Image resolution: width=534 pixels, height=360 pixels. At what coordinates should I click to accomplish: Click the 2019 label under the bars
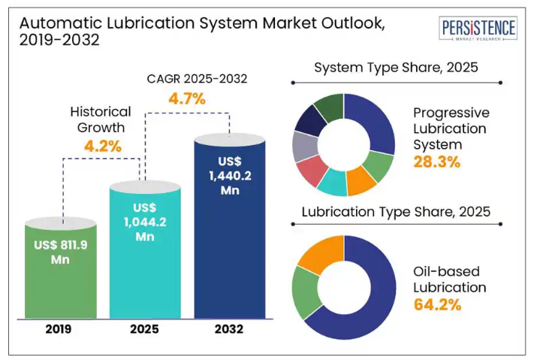pos(62,329)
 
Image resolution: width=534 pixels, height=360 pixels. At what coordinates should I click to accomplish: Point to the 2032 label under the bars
pos(229,329)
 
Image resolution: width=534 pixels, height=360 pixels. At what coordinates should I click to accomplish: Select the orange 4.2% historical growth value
pos(101,146)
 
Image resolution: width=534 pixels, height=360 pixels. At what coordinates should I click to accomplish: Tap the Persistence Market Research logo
pos(478,30)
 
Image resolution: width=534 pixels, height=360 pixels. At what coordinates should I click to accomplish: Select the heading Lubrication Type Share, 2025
pos(396,212)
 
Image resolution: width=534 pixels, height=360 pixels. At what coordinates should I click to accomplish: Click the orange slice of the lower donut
pos(319,253)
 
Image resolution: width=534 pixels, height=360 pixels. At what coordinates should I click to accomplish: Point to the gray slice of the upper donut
pos(305,146)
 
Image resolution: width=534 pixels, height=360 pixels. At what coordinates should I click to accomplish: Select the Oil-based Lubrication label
pos(449,279)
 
